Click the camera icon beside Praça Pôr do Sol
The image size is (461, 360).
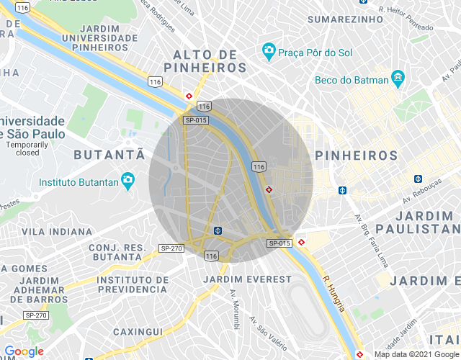pyautogui.click(x=268, y=52)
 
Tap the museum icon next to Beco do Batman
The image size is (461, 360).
pyautogui.click(x=398, y=77)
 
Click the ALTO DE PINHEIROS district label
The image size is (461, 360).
pyautogui.click(x=205, y=60)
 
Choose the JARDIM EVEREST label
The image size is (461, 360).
pyautogui.click(x=248, y=279)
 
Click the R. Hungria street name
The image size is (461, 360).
pyautogui.click(x=336, y=294)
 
